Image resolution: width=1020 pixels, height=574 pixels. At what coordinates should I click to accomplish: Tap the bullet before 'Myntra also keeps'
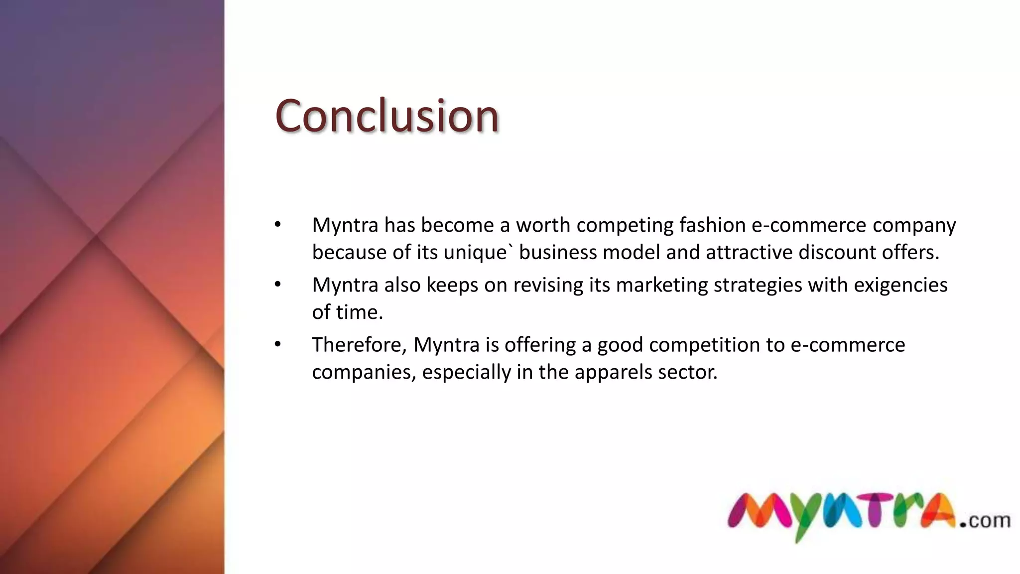pos(277,285)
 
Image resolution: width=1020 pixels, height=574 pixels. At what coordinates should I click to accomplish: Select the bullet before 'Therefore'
pos(277,344)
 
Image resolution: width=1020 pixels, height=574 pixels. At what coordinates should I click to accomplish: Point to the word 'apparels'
pos(613,372)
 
